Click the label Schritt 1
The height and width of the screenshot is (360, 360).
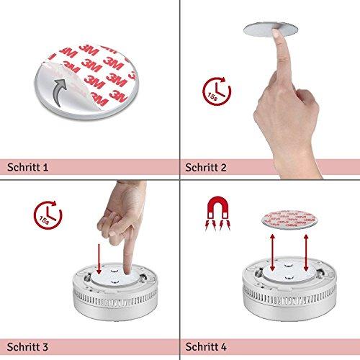coord(27,167)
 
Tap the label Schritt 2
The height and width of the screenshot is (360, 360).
coord(206,167)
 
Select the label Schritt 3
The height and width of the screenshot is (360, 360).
coord(27,347)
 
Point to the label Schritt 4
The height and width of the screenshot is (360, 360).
coord(206,347)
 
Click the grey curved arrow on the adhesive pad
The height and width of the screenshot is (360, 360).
coord(58,92)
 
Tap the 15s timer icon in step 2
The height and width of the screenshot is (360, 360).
coord(217,91)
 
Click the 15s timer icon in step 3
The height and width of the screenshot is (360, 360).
coord(48,215)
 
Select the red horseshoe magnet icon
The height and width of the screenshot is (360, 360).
coord(217,213)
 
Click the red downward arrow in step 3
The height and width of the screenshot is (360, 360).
coord(99,259)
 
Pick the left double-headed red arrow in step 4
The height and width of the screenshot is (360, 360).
coord(272,253)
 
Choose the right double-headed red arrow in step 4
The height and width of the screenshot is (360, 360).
coord(306,253)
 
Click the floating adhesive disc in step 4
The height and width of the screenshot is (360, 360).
coord(289,220)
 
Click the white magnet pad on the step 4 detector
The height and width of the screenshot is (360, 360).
coord(288,271)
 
